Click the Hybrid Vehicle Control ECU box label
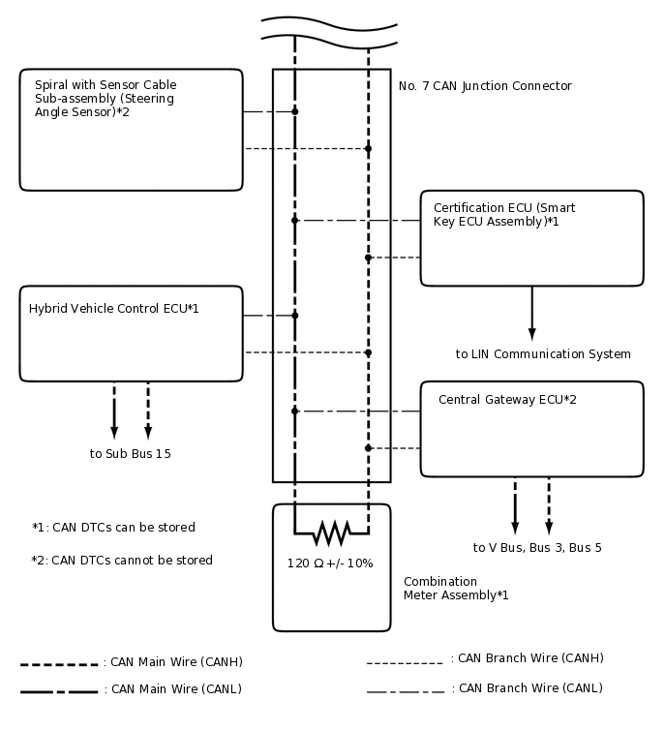114,309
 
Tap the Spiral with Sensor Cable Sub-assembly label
105,98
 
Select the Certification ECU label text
503,214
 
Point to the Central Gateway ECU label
507,400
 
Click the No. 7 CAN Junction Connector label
485,86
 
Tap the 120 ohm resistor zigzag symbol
331,533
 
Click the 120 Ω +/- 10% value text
330,563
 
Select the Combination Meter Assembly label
456,589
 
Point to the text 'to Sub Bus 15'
131,453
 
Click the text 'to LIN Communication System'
543,354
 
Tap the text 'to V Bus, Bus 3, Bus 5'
537,548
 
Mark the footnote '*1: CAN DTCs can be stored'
113,528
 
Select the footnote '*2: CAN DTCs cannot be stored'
122,561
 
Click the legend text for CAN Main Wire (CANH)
177,663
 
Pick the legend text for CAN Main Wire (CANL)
177,689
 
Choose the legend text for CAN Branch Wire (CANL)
530,688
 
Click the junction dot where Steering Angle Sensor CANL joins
295,111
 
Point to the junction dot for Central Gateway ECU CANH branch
368,448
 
